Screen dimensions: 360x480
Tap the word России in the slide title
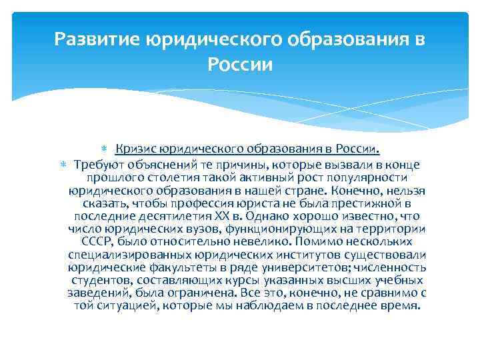tap(240, 65)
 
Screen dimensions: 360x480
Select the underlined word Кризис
tap(133, 148)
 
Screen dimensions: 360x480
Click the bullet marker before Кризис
tap(110, 148)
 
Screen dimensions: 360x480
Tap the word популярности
tap(373, 177)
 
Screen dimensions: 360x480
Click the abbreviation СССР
tap(98, 241)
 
